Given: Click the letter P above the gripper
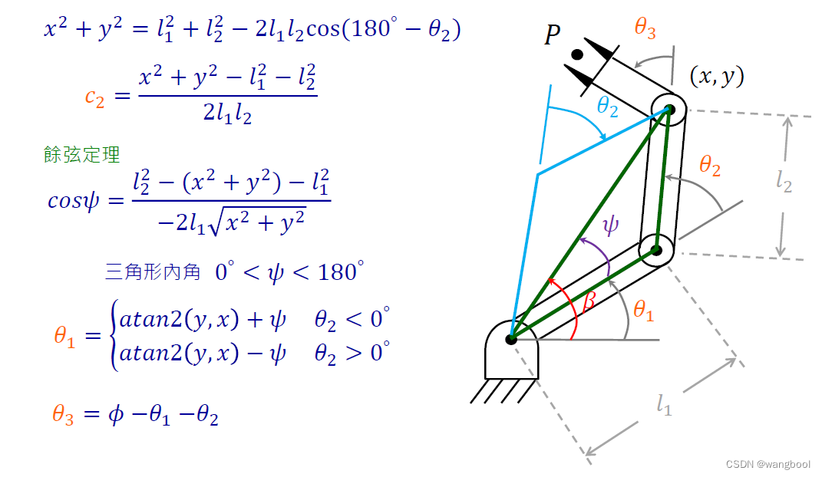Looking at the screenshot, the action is [x=552, y=36].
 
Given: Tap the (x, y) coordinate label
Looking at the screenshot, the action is [x=717, y=76].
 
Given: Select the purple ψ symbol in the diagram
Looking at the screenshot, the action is [x=610, y=225].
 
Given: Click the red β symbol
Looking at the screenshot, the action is [x=589, y=301].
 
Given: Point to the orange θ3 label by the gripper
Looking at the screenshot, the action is [x=645, y=28].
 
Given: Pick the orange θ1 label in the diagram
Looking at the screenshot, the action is [x=643, y=310].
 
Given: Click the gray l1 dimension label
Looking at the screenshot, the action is [x=664, y=404].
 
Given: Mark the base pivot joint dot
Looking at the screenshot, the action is [x=510, y=337].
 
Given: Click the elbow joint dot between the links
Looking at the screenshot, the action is [x=656, y=250].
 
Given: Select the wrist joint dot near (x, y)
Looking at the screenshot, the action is [x=669, y=109].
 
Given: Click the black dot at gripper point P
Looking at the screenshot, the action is [x=577, y=55].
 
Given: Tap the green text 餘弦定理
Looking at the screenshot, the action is [x=82, y=155].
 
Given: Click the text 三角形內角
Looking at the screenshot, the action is [x=153, y=271].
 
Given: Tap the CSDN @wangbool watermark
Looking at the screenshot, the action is [x=768, y=465].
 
